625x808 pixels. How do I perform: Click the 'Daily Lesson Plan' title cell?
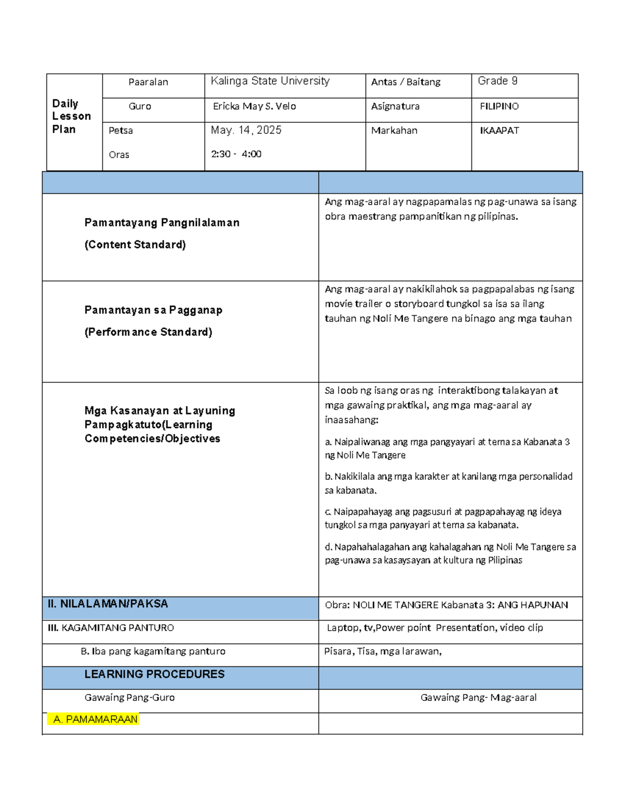[x=71, y=117]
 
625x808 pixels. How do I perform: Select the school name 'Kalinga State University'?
[x=270, y=81]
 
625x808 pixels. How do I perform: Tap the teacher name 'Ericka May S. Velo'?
[x=254, y=107]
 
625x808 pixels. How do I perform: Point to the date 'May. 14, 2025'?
[x=246, y=131]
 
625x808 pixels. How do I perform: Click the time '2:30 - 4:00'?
[x=236, y=155]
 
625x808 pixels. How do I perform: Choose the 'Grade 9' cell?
[x=497, y=81]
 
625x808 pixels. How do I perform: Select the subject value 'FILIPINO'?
[x=499, y=107]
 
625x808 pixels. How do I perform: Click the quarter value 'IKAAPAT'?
[x=499, y=131]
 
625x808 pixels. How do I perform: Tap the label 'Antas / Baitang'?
[x=406, y=82]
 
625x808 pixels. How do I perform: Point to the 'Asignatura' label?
[x=395, y=107]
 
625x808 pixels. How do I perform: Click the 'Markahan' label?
[x=394, y=131]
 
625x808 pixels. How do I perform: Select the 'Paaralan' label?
[x=148, y=82]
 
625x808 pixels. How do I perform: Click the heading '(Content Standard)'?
[x=135, y=245]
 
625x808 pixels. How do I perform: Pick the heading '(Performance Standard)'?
[x=148, y=332]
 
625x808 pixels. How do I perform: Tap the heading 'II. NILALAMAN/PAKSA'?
[x=108, y=604]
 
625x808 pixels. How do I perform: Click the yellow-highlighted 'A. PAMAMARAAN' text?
[x=95, y=720]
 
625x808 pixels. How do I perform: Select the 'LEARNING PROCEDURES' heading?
[x=154, y=674]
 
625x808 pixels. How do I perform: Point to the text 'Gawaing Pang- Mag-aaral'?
[x=478, y=698]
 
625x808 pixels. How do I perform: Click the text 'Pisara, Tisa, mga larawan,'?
[x=383, y=651]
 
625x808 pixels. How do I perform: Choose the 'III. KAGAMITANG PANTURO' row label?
[x=111, y=628]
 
